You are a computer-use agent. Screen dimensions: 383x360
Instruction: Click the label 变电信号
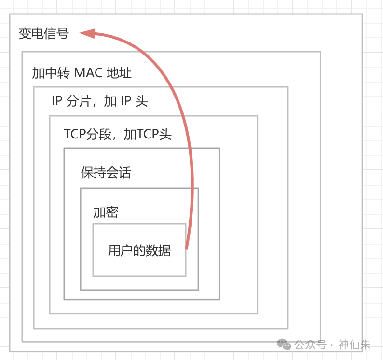(x=43, y=34)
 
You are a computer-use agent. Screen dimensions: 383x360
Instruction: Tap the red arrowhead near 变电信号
(x=87, y=33)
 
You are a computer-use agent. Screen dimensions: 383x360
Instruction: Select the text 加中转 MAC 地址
(x=82, y=73)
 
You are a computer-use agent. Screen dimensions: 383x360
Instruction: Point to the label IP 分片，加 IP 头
(x=99, y=101)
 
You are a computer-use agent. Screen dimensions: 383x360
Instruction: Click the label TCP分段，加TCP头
(x=118, y=134)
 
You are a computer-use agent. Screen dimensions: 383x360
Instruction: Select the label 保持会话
(x=106, y=173)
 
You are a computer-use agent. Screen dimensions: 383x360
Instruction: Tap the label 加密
(x=106, y=212)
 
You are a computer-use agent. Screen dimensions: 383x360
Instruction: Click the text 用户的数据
(x=139, y=251)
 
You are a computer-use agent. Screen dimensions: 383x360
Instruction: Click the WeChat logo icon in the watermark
(x=284, y=345)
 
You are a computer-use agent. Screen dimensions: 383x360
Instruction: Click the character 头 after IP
(x=142, y=101)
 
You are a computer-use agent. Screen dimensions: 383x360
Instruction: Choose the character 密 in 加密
(x=112, y=212)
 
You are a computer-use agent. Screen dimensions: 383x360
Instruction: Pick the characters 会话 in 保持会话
(x=118, y=173)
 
